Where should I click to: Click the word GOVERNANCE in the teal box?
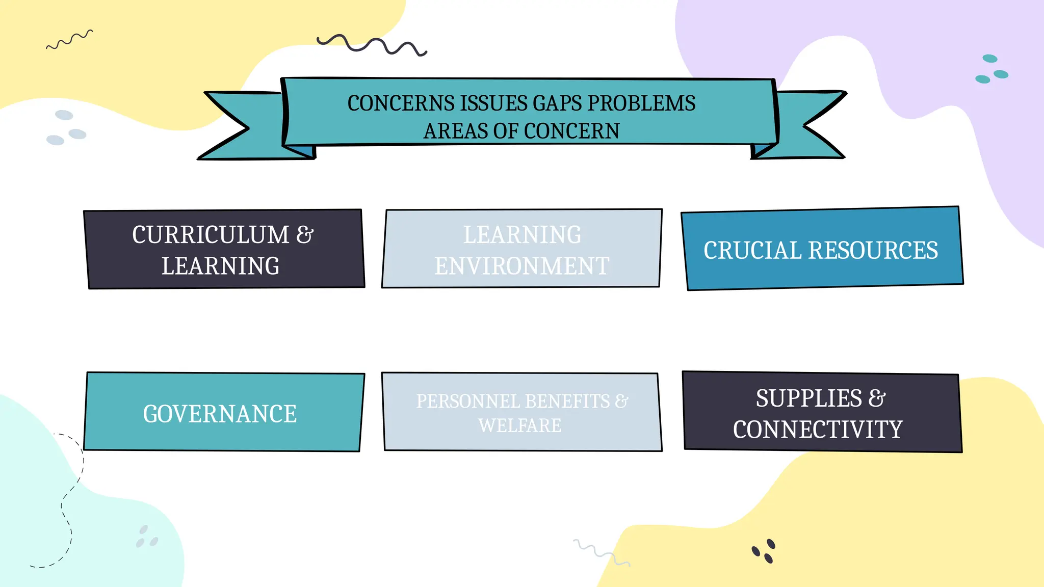220,414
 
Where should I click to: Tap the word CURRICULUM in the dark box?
210,235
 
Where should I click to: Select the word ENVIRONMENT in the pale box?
521,266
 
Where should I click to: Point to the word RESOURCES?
873,251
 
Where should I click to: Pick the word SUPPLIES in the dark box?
808,398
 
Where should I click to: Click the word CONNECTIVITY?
818,430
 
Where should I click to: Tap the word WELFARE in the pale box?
519,425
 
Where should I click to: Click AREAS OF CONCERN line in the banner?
521,131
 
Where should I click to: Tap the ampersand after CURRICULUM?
305,235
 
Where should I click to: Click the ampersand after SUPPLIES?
877,398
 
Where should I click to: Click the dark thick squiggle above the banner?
371,45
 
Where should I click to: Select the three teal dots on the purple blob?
991,69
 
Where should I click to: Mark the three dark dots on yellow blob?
764,551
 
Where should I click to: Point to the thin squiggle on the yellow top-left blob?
69,40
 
